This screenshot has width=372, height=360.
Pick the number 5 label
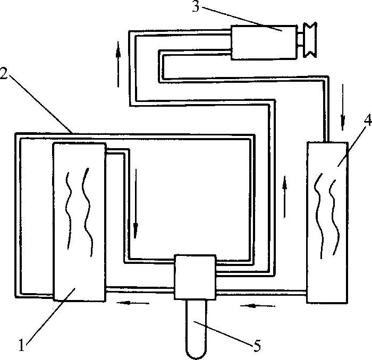pyautogui.click(x=257, y=347)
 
